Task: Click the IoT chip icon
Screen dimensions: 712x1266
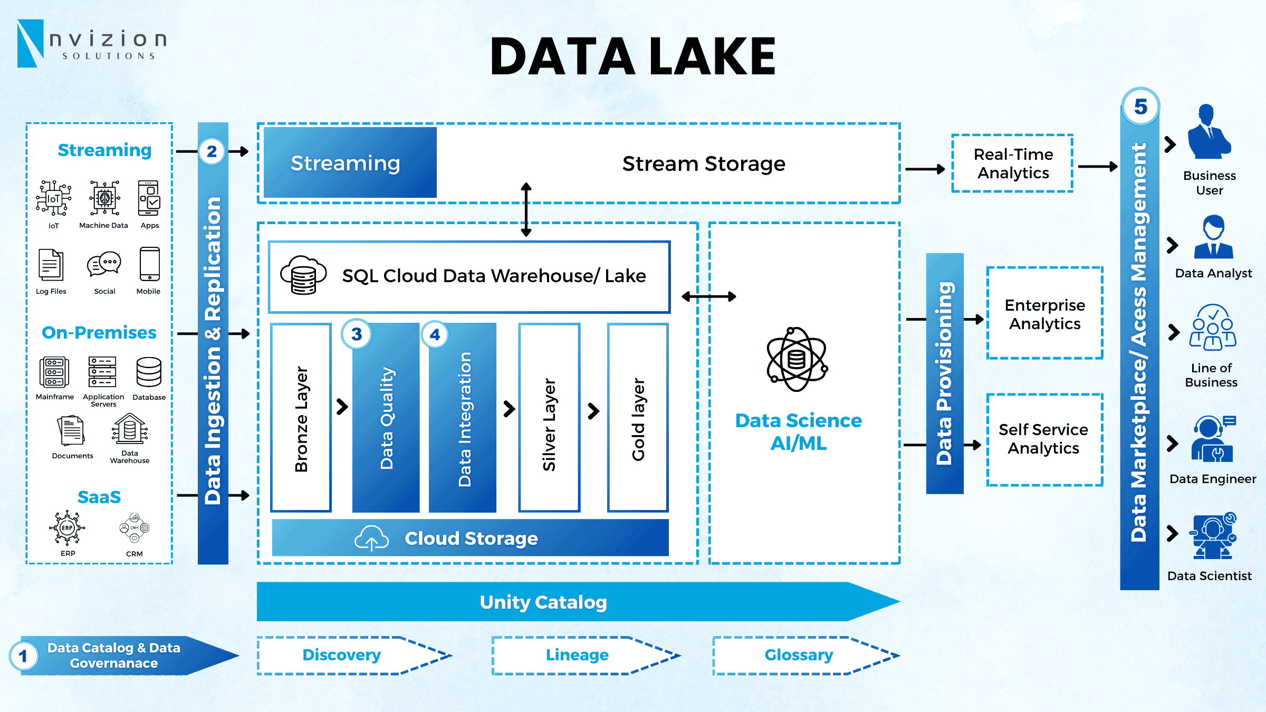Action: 54,198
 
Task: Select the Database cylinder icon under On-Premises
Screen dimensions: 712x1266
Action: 149,372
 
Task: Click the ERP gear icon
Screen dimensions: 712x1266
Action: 67,527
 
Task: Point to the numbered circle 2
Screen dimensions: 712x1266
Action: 212,151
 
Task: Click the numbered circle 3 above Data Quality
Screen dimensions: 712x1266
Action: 357,334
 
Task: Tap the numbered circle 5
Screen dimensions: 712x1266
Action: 1140,107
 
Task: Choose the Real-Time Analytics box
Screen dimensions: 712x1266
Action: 1013,163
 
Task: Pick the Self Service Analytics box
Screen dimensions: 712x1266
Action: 1044,439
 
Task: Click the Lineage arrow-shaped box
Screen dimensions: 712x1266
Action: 578,655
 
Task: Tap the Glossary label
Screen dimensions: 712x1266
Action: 799,655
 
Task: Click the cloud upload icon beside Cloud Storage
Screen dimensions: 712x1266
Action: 371,538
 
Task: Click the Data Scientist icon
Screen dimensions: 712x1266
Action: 1212,536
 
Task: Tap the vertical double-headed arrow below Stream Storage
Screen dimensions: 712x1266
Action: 526,210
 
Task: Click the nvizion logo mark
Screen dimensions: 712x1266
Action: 30,43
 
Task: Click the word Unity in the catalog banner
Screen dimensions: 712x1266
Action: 504,602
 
